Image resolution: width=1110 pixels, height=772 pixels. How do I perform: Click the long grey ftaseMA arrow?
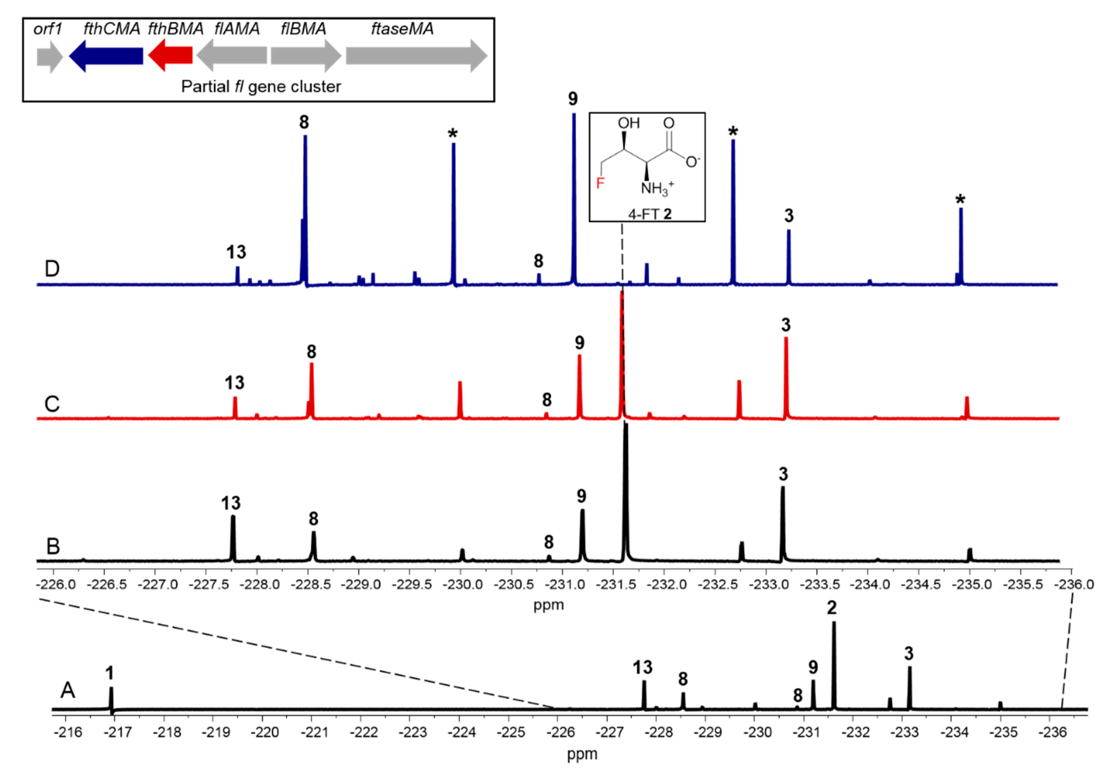416,57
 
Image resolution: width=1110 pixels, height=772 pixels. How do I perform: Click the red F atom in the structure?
600,183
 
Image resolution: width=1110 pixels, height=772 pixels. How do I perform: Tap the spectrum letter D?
52,268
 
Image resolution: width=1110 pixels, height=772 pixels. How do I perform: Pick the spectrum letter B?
53,546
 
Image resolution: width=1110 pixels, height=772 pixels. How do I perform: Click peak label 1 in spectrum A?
110,673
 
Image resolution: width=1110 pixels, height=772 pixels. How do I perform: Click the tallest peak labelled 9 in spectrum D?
574,194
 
